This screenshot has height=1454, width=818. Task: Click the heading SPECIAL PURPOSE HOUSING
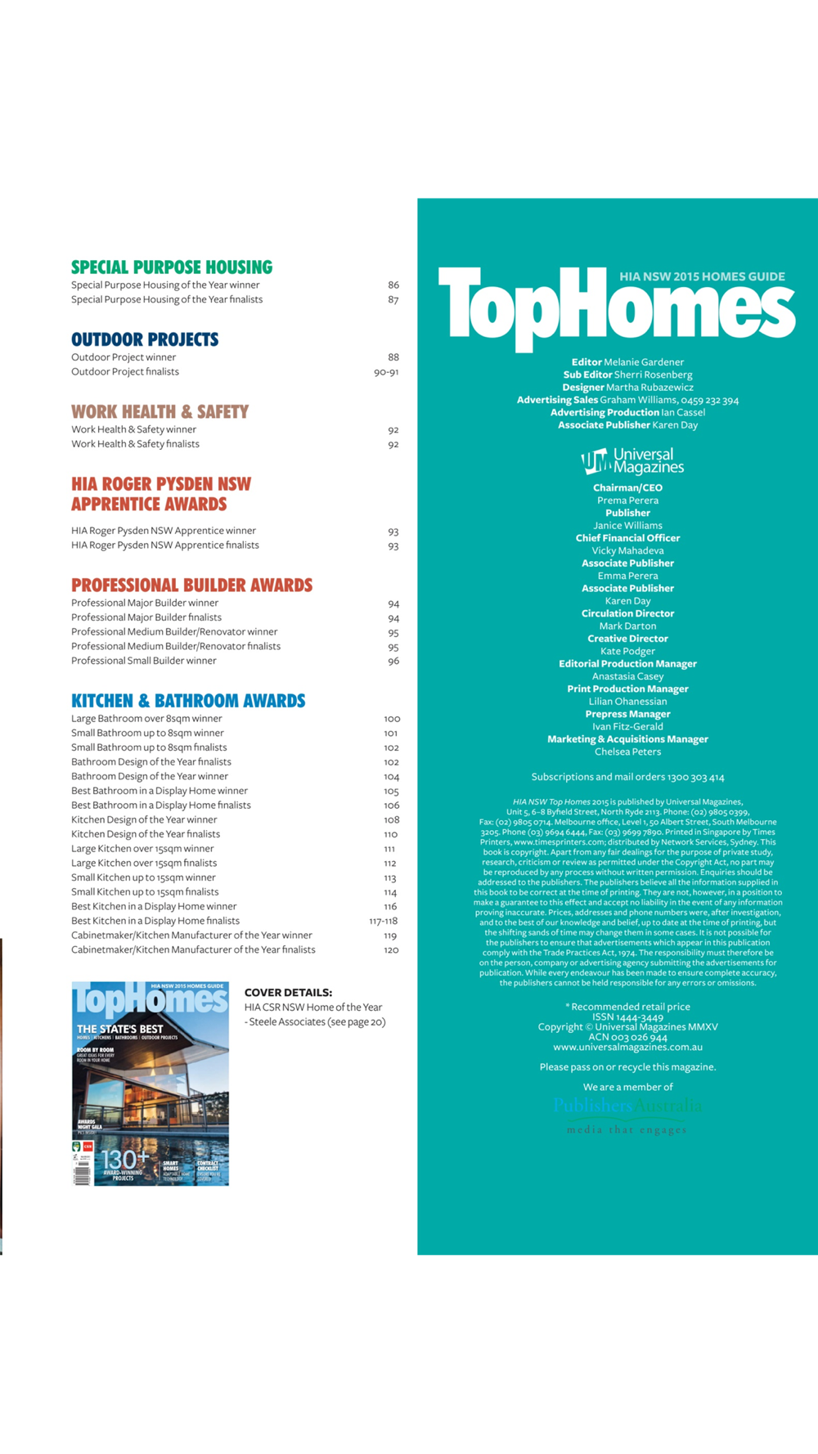pyautogui.click(x=172, y=267)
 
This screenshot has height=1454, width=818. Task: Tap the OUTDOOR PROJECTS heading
pyautogui.click(x=145, y=339)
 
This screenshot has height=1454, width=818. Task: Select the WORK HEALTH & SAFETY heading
pyautogui.click(x=160, y=411)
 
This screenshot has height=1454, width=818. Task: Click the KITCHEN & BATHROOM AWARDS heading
pyautogui.click(x=188, y=701)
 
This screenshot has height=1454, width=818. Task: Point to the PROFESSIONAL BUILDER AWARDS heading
pyautogui.click(x=191, y=586)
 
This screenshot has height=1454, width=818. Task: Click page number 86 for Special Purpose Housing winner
pyautogui.click(x=393, y=285)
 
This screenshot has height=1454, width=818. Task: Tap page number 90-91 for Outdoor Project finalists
pyautogui.click(x=386, y=372)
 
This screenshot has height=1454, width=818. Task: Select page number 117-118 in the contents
pyautogui.click(x=383, y=921)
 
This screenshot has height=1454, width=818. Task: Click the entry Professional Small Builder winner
pyautogui.click(x=144, y=661)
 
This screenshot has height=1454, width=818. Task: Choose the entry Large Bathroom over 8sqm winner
pyautogui.click(x=146, y=719)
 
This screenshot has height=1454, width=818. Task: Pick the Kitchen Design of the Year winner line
pyautogui.click(x=144, y=819)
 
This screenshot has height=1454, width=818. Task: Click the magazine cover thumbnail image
pyautogui.click(x=150, y=1084)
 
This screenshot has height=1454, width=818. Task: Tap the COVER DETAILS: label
pyautogui.click(x=288, y=993)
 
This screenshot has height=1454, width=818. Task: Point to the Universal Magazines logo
pyautogui.click(x=631, y=461)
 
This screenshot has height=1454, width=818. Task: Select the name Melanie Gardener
pyautogui.click(x=644, y=362)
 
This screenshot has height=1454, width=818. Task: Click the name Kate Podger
pyautogui.click(x=627, y=651)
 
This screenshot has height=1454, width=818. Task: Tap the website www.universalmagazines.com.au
pyautogui.click(x=627, y=1047)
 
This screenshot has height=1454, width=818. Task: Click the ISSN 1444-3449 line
pyautogui.click(x=627, y=1016)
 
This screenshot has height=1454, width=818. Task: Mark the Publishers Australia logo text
pyautogui.click(x=627, y=1106)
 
